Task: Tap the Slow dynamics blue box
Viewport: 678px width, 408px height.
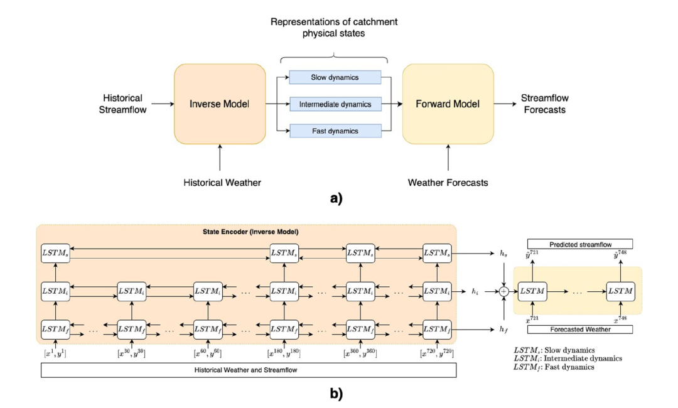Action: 335,77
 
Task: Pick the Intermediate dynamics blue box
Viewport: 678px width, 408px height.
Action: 335,104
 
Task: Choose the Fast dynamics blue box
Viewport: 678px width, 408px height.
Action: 335,131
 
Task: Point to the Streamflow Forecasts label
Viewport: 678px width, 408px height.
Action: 543,104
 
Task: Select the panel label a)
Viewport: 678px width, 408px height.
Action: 340,198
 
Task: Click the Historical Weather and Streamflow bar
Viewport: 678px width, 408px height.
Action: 248,370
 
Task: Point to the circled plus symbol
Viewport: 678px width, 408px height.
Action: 503,291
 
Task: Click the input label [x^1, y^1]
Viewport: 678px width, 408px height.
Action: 55,354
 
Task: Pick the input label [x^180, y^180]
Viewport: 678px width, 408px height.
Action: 284,354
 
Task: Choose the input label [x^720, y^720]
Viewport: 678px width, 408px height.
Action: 437,354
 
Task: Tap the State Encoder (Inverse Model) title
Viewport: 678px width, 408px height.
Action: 246,234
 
